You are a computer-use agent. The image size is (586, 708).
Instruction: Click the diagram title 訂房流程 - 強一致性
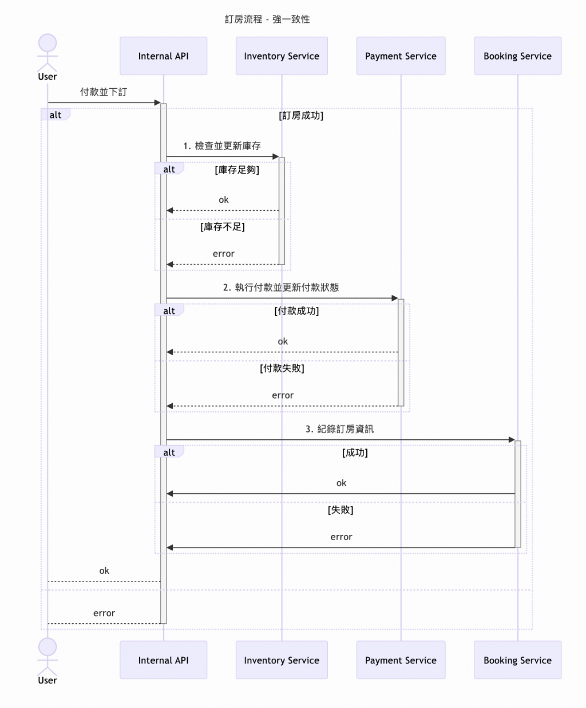(x=267, y=19)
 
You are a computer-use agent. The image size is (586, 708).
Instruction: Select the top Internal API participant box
(x=163, y=56)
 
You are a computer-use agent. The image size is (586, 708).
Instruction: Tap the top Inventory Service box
(x=282, y=56)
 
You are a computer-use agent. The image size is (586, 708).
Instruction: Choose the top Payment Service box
(x=401, y=56)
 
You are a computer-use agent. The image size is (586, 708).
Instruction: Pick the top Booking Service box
(x=517, y=56)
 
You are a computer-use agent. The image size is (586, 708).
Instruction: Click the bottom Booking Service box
(x=517, y=660)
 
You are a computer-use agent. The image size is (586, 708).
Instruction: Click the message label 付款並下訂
(x=104, y=92)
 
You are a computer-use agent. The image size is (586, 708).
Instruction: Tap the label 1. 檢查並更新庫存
(x=222, y=146)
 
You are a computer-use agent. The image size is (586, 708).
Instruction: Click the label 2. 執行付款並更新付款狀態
(x=281, y=288)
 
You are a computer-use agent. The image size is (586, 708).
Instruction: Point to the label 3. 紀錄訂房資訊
(x=339, y=429)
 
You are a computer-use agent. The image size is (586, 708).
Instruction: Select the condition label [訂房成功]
(x=301, y=116)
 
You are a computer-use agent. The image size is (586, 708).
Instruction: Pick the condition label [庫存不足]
(x=223, y=227)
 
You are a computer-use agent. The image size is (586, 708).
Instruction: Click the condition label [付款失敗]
(x=282, y=368)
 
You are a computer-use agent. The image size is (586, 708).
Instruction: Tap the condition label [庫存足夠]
(x=237, y=170)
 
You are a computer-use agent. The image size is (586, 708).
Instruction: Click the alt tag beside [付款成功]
(x=169, y=311)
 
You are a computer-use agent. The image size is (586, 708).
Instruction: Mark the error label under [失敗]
(x=341, y=537)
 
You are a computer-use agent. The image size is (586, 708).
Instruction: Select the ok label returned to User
(x=104, y=571)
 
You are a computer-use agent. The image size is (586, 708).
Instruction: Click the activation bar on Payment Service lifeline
(x=401, y=352)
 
